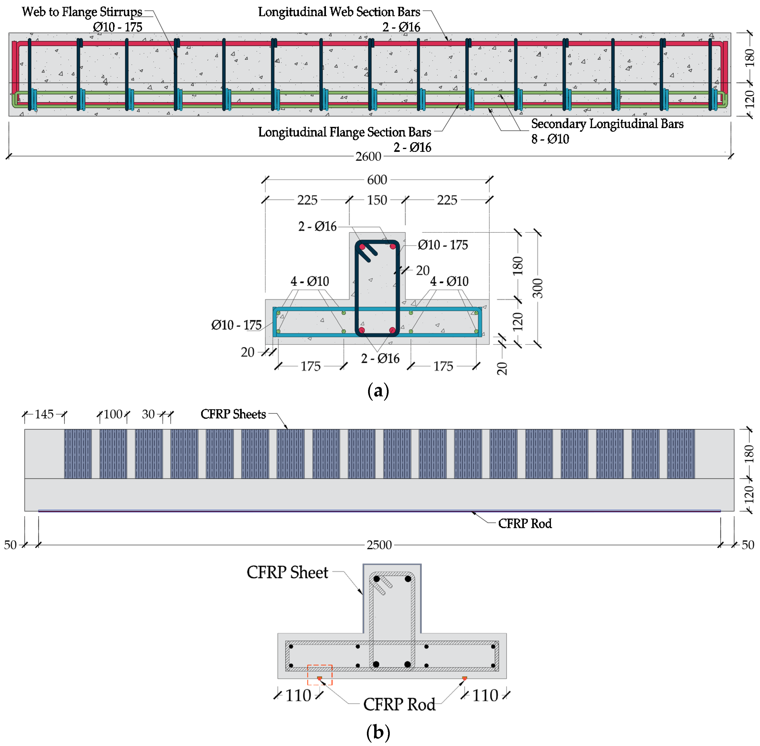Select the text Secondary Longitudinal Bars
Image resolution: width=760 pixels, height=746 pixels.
[x=607, y=124]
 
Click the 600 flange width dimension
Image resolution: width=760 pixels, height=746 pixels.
[x=377, y=180]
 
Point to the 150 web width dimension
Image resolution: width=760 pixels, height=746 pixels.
[x=377, y=200]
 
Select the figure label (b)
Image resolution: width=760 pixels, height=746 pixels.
[x=378, y=732]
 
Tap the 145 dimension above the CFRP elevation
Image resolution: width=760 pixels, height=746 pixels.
[x=44, y=414]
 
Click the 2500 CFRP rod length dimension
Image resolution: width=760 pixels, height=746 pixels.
[x=379, y=545]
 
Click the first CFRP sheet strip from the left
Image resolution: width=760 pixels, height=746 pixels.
[x=78, y=454]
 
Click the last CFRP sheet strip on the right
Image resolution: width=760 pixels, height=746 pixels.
[x=681, y=454]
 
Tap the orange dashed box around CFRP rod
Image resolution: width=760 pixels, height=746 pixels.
[x=320, y=675]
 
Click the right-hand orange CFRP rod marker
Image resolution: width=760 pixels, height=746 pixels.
[x=464, y=678]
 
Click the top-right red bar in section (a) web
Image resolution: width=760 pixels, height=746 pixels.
[x=393, y=247]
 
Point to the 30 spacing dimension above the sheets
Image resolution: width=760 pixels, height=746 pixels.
[x=148, y=414]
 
